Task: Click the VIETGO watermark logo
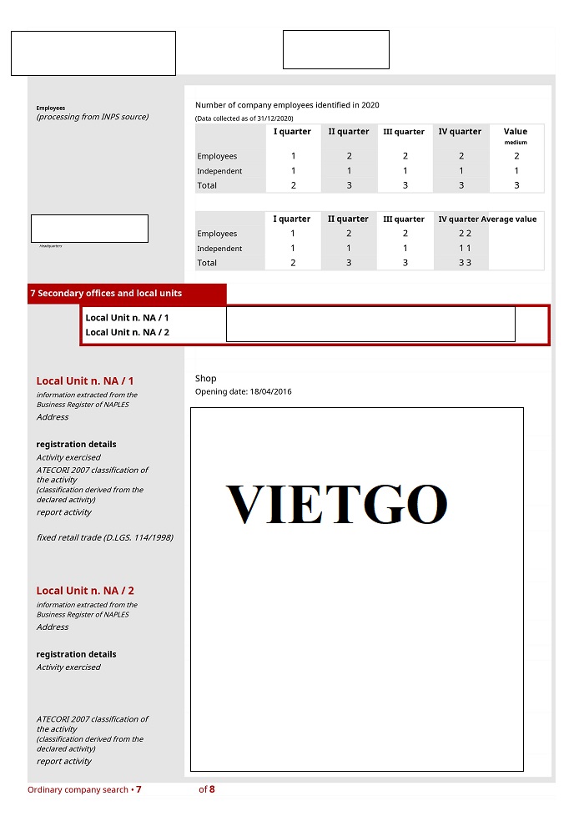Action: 336,504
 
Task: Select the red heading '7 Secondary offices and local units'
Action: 106,294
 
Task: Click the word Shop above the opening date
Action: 206,379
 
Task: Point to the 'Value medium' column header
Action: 516,135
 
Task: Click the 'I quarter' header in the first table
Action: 292,132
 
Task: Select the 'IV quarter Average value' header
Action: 487,219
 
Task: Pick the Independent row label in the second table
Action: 219,249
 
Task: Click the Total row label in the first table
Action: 207,185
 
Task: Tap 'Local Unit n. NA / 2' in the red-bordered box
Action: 127,332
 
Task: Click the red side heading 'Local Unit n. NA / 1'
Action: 85,381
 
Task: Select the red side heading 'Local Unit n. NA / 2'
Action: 85,591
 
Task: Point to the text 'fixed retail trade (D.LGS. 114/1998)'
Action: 105,538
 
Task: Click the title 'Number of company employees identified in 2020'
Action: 287,105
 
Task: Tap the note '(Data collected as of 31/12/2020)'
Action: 244,118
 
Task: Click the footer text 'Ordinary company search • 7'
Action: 84,789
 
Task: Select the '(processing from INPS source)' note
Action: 93,117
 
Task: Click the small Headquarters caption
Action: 50,246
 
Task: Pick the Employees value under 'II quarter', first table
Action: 349,156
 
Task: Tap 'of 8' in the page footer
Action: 206,789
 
